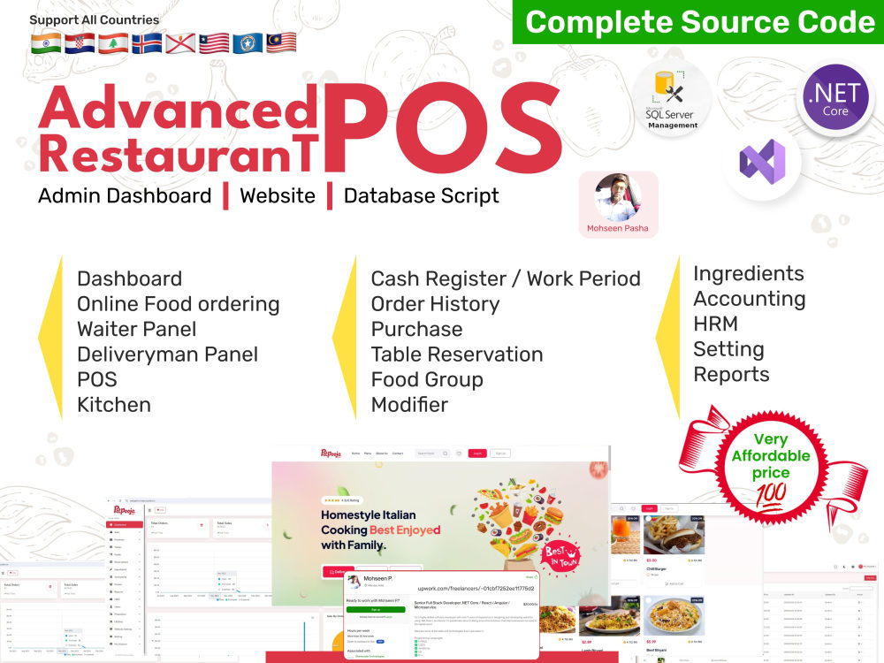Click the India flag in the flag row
coord(46,42)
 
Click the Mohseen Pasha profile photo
coord(618,197)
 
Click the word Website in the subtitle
coord(277,195)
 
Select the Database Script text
coord(421,195)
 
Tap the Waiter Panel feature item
coord(136,329)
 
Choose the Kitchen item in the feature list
coord(114,405)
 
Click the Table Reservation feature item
coord(456,354)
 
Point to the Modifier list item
coord(409,405)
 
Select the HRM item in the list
coord(715,324)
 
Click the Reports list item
coord(731,374)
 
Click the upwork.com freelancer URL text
coord(475,587)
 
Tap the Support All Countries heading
coord(95,19)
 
